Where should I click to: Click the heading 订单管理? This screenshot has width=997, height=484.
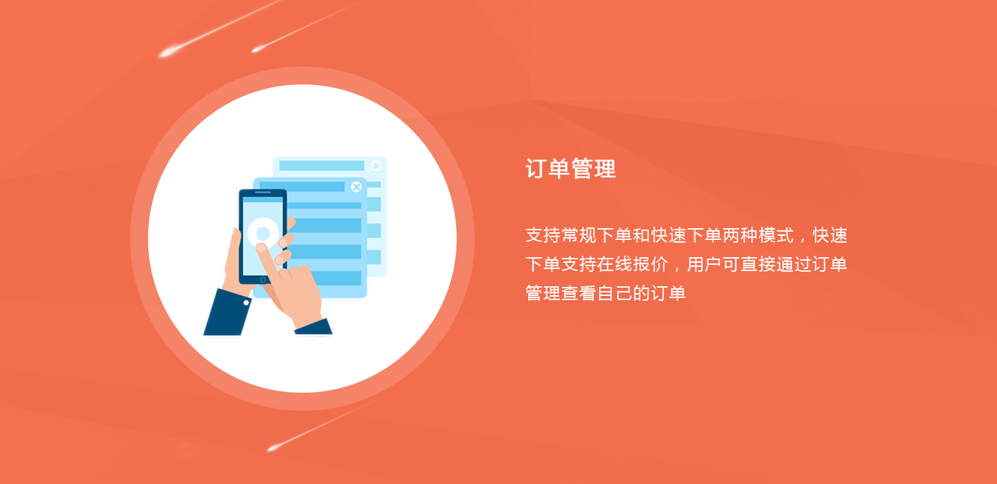click(571, 169)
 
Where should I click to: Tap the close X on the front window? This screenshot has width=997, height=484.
click(356, 187)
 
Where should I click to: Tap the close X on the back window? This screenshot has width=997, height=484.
click(376, 166)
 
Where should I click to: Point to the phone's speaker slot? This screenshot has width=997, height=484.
click(262, 192)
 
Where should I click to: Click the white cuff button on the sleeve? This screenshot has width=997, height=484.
click(246, 303)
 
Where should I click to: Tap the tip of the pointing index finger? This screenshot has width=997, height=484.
click(261, 248)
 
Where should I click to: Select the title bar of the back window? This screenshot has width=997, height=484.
click(321, 166)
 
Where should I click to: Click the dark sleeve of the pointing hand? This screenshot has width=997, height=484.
click(314, 327)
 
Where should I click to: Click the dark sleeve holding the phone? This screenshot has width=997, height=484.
click(227, 313)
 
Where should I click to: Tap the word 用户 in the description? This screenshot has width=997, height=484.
click(704, 264)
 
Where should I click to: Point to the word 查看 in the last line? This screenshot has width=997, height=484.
click(579, 293)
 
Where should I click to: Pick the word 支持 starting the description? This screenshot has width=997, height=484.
click(543, 235)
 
